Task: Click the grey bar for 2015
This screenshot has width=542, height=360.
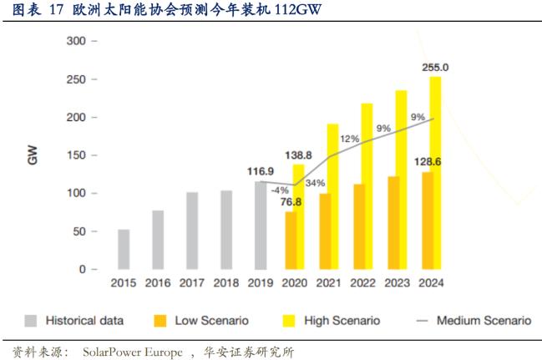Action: pos(124,249)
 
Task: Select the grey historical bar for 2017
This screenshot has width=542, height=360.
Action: pos(192,231)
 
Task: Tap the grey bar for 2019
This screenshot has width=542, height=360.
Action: pos(261,225)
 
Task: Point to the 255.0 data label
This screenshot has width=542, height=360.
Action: pos(435,67)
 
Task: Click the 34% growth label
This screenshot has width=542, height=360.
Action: pos(316,183)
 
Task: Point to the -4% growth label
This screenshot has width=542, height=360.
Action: pos(279,190)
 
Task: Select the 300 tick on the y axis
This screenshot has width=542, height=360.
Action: pos(76,41)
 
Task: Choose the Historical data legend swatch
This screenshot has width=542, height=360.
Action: pos(31,320)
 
